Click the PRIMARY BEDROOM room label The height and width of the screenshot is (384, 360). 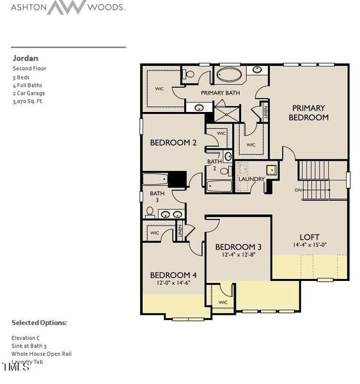(308, 113)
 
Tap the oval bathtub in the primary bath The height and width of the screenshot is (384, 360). (228, 75)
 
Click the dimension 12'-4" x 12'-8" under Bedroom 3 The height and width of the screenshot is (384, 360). (238, 255)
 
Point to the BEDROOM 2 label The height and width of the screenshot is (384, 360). (173, 143)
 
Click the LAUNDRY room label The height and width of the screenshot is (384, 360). (251, 179)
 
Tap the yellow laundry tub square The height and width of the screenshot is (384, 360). (271, 170)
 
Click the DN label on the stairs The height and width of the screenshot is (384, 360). (298, 190)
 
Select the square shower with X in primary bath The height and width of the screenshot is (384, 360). (224, 114)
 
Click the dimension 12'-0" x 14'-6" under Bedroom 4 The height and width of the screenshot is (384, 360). (169, 283)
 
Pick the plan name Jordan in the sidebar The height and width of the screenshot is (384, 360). (21, 58)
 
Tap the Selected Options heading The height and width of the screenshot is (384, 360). (39, 323)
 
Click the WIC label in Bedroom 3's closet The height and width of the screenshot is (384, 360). (223, 302)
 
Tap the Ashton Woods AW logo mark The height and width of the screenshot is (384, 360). (68, 8)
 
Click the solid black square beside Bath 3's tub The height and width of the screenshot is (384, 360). (176, 179)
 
